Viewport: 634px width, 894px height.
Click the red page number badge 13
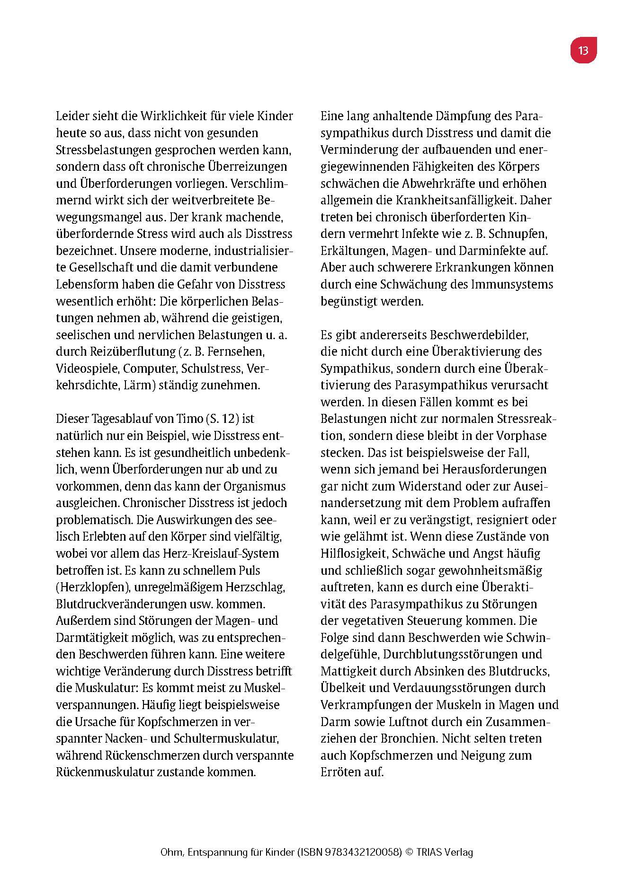coord(583,50)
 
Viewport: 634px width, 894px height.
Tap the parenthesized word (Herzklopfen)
coord(93,587)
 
